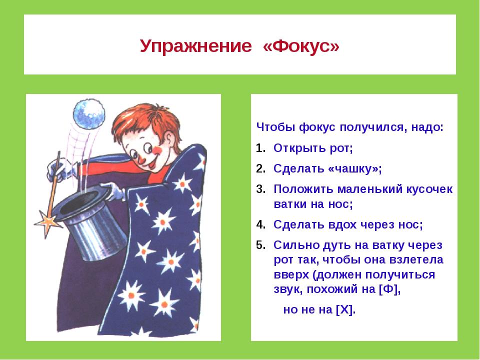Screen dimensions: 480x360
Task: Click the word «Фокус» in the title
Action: tap(301, 46)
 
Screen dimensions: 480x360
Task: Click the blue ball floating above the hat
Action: tap(89, 114)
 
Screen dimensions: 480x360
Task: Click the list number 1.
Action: tap(260, 148)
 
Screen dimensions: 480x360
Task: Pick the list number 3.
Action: tap(260, 189)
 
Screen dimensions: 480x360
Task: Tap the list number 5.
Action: tap(260, 245)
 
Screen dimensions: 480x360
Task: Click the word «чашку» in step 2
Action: tap(353, 168)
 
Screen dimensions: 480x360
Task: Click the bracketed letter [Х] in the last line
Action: tap(344, 309)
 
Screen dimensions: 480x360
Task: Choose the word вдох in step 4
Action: tap(342, 224)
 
